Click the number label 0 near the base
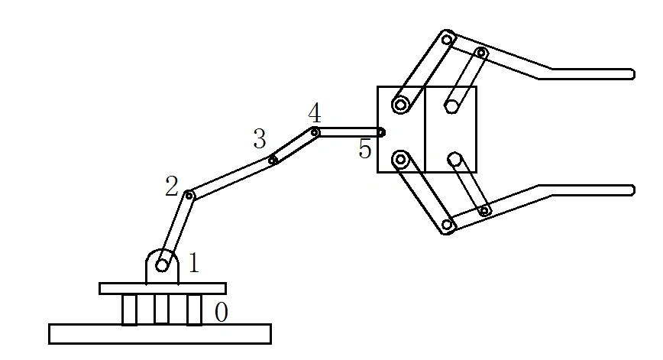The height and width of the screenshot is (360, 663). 221,313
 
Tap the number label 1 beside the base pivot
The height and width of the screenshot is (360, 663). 193,264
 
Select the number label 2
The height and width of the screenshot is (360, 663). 171,186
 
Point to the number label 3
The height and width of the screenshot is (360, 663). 260,139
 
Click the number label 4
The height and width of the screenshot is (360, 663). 315,114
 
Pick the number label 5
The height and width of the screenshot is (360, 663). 365,148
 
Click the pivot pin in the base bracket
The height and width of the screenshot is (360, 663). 162,264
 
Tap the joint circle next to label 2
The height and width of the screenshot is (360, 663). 189,196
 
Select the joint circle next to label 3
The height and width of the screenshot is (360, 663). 273,159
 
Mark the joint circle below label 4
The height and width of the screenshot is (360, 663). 315,132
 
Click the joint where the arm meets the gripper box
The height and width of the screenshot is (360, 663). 381,132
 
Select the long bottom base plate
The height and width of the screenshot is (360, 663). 160,334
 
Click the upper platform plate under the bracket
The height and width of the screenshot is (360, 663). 162,288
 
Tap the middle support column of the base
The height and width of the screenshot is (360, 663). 162,309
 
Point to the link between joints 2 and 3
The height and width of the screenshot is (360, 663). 231,177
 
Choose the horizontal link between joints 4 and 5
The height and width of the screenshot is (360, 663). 348,132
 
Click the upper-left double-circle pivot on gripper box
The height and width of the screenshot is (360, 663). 400,104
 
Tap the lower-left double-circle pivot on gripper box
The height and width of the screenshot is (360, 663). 400,160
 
